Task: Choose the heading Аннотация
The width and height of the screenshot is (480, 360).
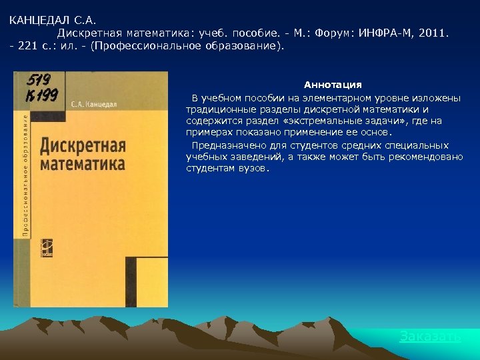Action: pos(333,85)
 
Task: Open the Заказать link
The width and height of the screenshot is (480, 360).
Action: pos(430,337)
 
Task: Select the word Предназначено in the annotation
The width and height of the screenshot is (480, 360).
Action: pos(223,145)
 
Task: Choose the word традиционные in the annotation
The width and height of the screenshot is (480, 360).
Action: pos(219,109)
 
